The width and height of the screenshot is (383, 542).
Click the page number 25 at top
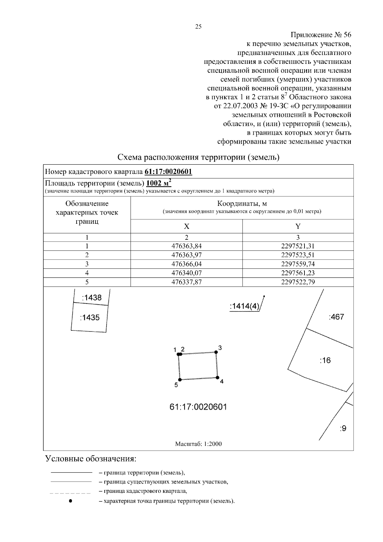[198, 27]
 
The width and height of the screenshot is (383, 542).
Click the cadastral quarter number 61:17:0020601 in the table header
[168, 172]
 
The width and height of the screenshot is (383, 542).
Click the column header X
[186, 226]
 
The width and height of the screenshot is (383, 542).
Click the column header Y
[298, 226]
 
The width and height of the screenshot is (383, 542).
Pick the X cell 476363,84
[186, 246]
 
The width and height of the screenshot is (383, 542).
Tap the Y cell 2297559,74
[298, 264]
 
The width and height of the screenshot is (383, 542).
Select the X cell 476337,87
[186, 282]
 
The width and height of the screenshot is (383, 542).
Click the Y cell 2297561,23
[298, 273]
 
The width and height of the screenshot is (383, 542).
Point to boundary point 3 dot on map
[216, 352]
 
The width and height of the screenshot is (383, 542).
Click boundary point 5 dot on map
[180, 380]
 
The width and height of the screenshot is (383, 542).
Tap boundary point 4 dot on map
[217, 377]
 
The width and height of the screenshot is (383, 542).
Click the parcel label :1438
[92, 297]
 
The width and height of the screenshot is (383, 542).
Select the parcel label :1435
[90, 317]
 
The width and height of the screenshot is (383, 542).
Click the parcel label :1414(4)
[244, 306]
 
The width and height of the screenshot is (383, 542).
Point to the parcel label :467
[336, 317]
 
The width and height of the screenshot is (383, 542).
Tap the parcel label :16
[325, 360]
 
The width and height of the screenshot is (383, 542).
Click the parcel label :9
[343, 428]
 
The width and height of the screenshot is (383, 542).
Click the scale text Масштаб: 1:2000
[198, 444]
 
